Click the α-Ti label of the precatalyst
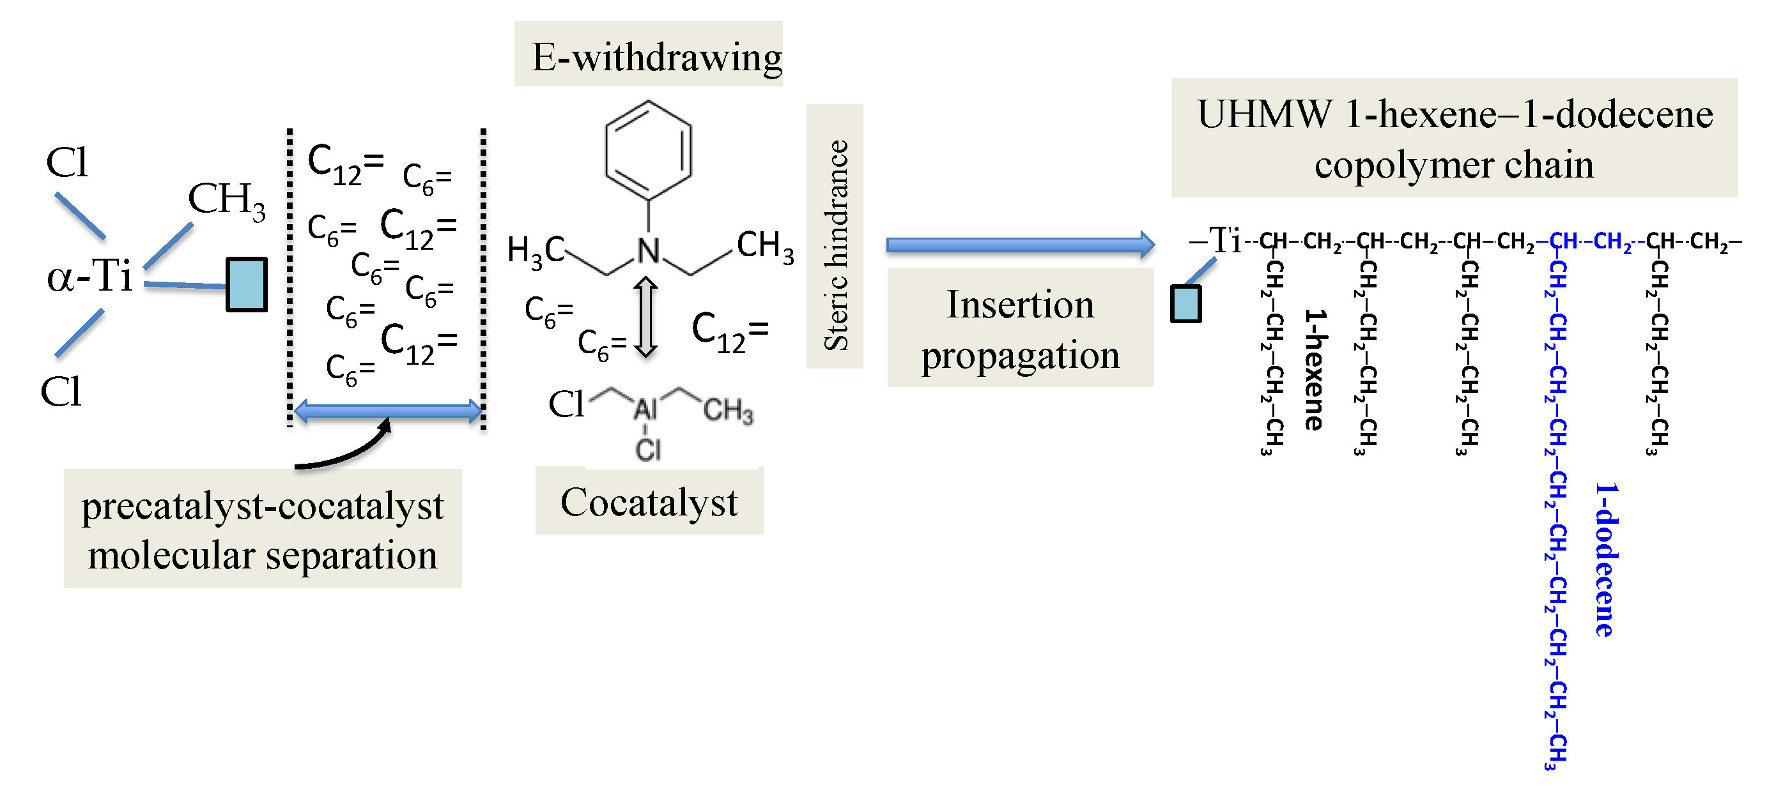click(x=89, y=277)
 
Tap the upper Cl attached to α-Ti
click(x=66, y=164)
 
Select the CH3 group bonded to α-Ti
click(x=226, y=200)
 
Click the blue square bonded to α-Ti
click(x=246, y=285)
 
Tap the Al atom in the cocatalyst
click(x=645, y=410)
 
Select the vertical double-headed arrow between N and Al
click(x=645, y=317)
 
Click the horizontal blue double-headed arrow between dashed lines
click(x=387, y=411)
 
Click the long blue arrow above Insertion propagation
click(x=1019, y=245)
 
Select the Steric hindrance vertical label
click(x=835, y=236)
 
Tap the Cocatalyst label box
click(x=649, y=502)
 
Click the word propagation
click(x=1020, y=355)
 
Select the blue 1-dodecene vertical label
click(x=1605, y=559)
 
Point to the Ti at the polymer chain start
click(x=1225, y=240)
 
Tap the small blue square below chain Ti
click(x=1185, y=304)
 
